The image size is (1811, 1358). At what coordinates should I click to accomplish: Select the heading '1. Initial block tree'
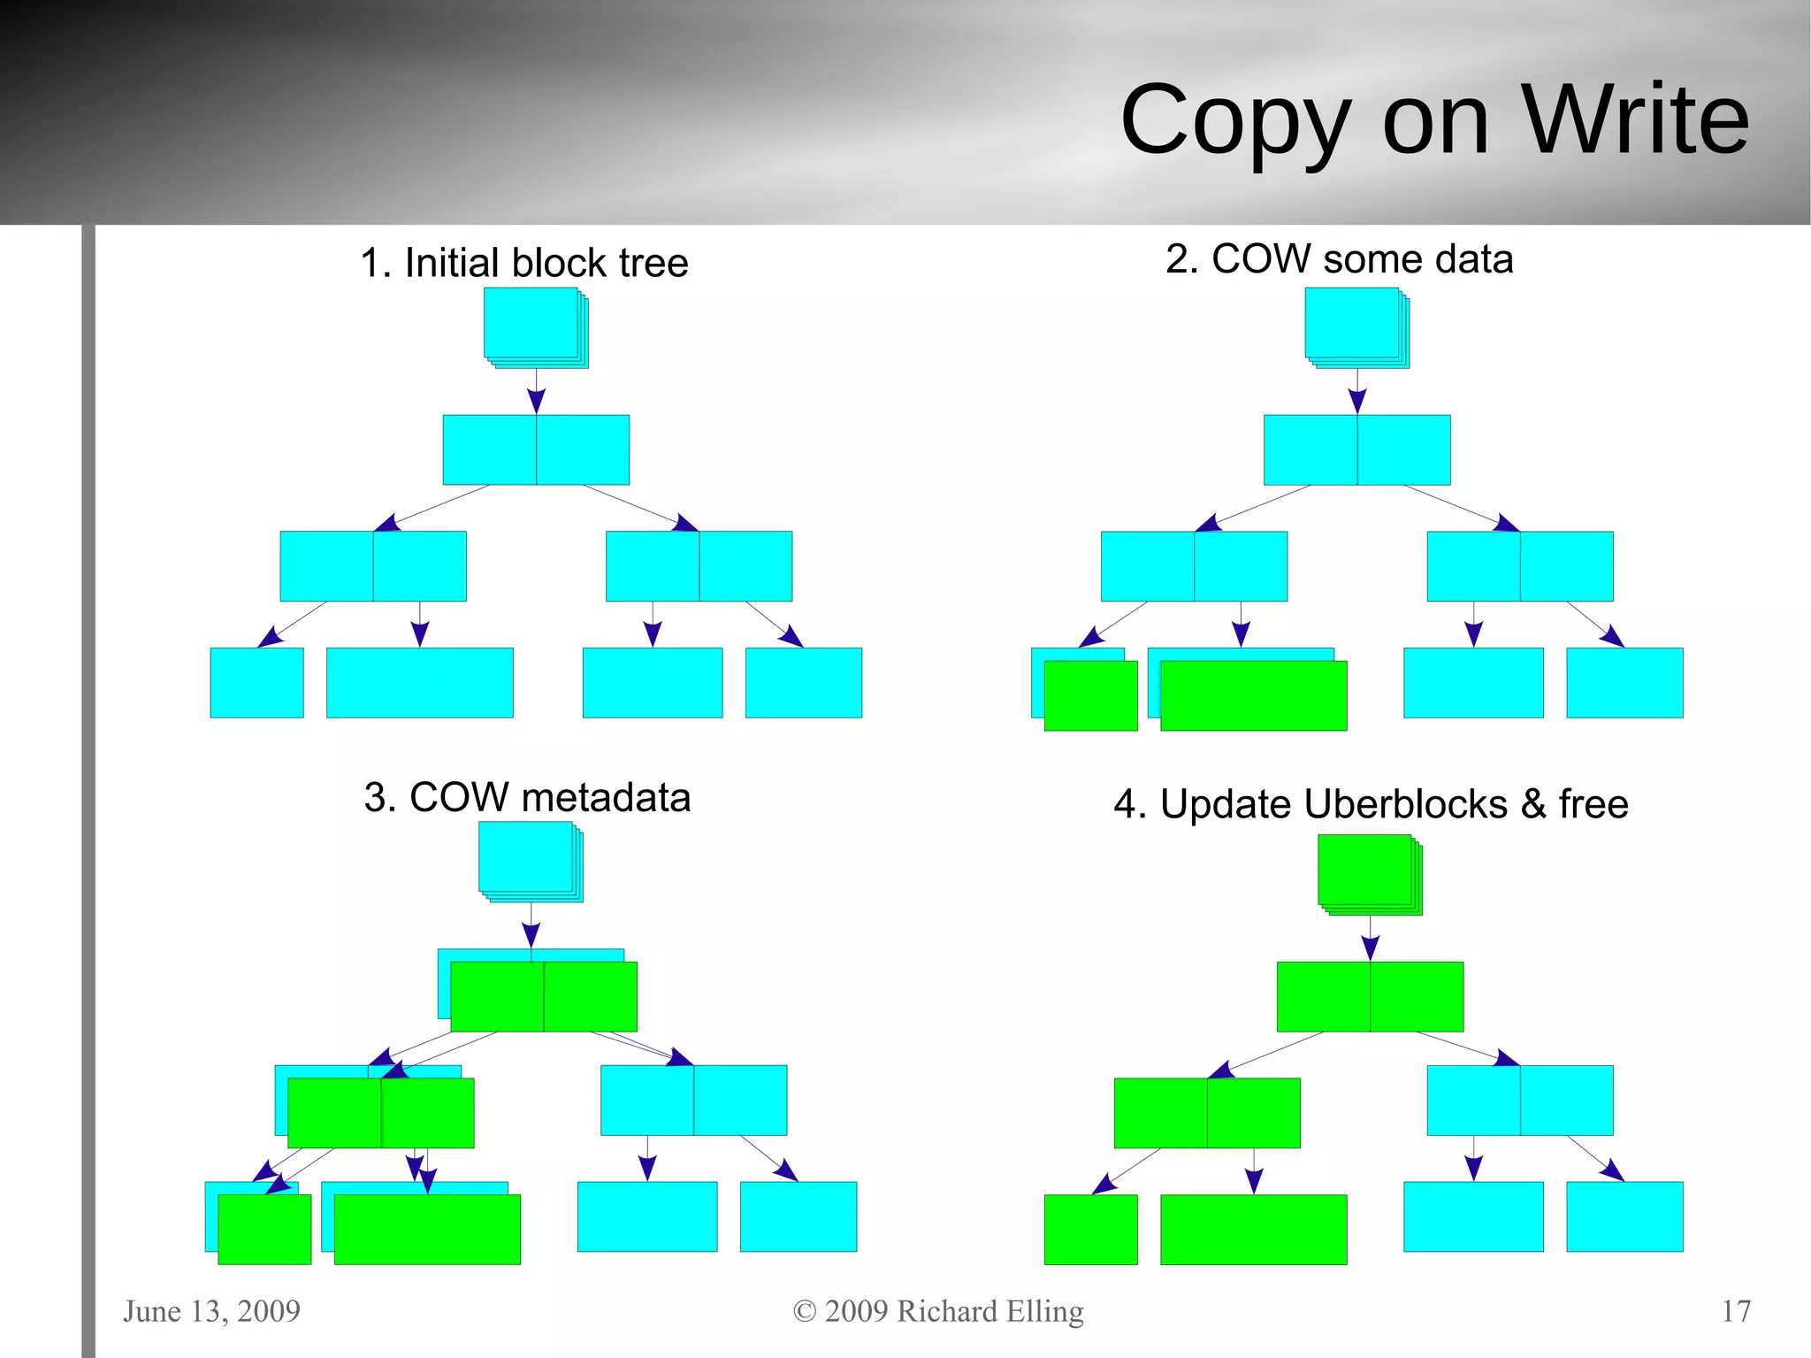coord(524,263)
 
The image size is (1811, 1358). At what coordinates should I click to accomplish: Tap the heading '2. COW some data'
coord(1339,259)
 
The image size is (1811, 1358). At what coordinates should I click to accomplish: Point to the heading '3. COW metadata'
coord(527,797)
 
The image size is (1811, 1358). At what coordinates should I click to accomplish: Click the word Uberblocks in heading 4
coord(1333,804)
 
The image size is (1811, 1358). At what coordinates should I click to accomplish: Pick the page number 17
coord(1736,1311)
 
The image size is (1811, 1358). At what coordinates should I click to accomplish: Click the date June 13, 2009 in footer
coord(211,1311)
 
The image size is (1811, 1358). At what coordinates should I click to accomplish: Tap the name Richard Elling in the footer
coord(990,1311)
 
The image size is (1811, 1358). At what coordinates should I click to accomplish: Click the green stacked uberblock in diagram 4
coord(1366,871)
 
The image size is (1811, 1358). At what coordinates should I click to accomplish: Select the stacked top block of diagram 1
coord(532,325)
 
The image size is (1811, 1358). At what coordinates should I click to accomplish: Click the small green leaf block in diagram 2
coord(1090,696)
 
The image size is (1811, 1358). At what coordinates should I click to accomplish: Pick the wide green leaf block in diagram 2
coord(1253,696)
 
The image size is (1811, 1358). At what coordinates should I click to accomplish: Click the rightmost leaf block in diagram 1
coord(803,682)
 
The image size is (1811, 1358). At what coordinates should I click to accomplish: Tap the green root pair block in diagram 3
coord(543,997)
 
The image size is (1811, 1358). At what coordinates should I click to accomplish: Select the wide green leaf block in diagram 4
coord(1253,1230)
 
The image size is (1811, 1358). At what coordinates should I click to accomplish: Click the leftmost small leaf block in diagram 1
coord(256,682)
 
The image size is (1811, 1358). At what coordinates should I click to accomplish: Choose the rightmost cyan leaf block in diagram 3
coord(798,1216)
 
